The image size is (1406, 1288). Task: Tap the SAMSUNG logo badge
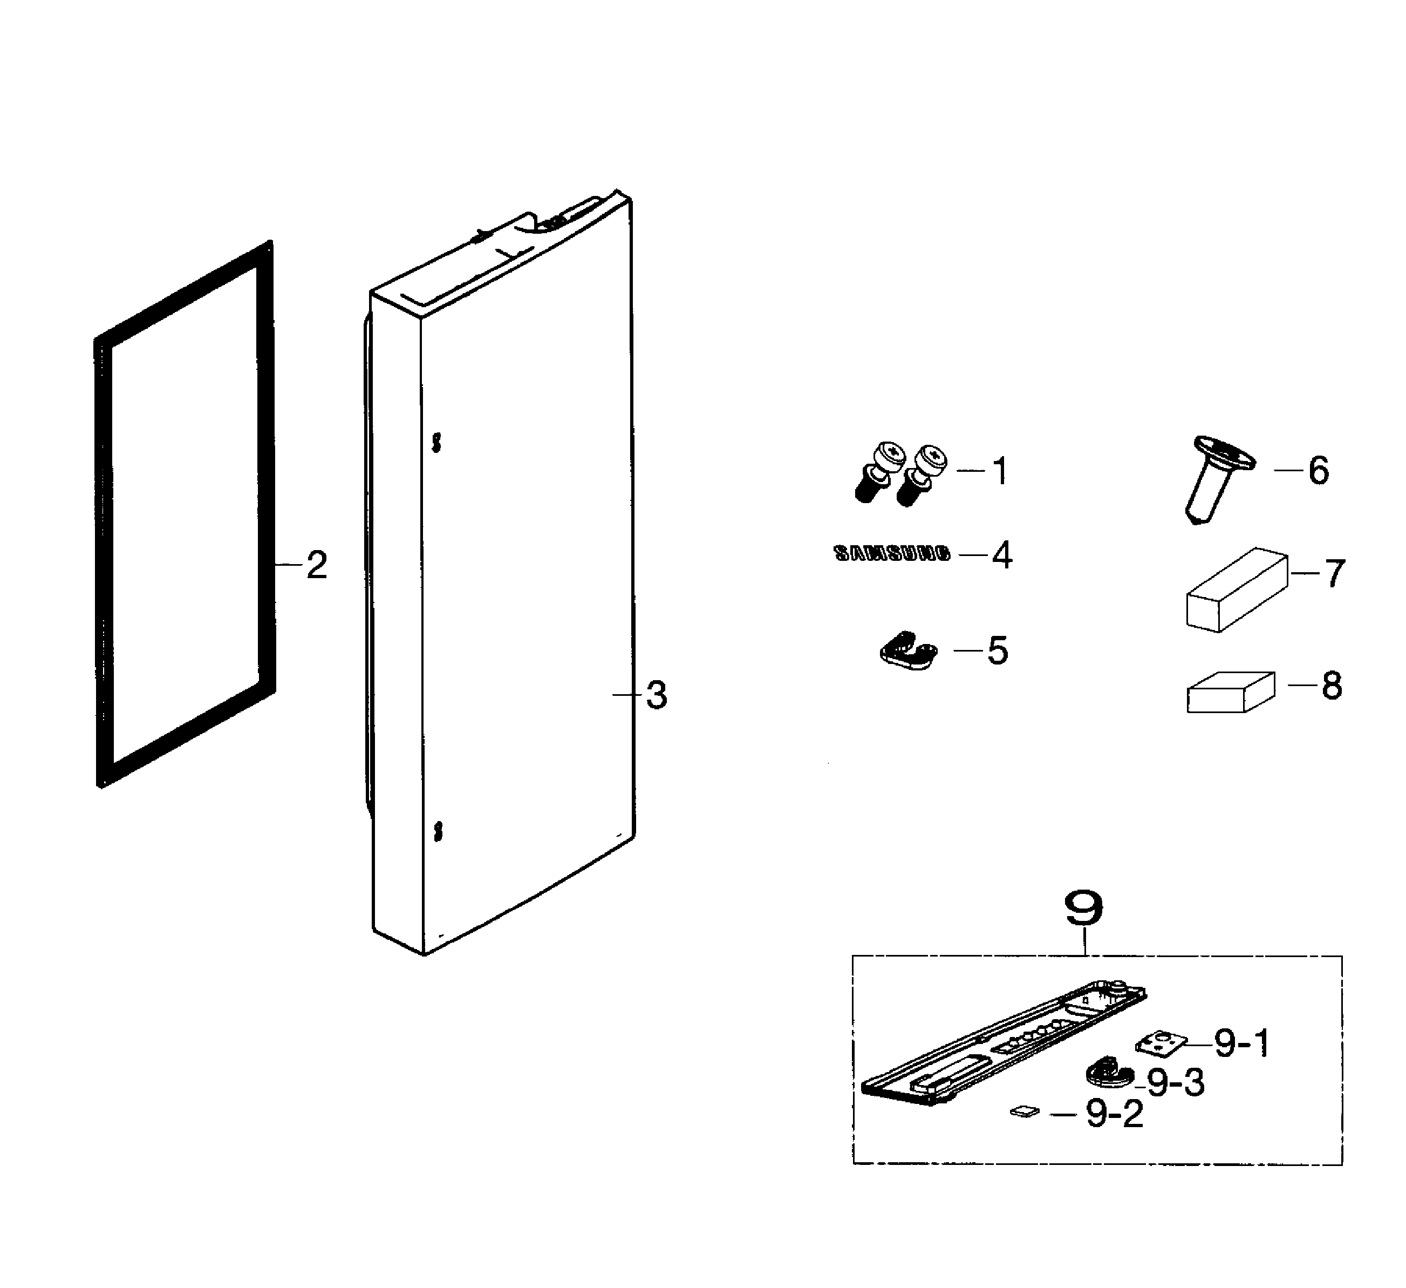pos(892,554)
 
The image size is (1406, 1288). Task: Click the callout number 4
pos(1002,555)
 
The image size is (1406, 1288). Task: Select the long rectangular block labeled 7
pos(1236,589)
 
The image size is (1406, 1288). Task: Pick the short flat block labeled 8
pos(1230,692)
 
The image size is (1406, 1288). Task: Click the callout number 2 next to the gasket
pos(317,565)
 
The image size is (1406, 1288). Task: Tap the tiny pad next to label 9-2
pos(1024,1111)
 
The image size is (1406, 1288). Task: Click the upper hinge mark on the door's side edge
pos(436,442)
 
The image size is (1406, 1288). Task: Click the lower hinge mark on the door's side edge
pos(437,831)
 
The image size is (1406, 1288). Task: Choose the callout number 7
pos(1334,573)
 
